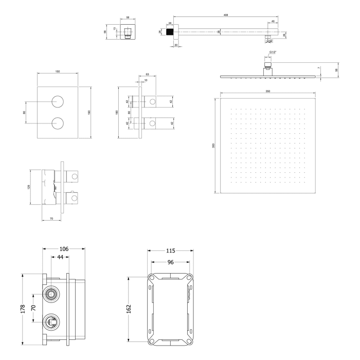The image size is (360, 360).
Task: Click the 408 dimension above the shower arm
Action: point(226,15)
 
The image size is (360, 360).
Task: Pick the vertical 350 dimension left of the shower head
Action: point(213,146)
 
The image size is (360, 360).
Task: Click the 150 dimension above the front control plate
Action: point(58,71)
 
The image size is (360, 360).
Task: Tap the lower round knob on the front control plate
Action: point(58,123)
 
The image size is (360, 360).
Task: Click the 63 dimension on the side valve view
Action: point(147,75)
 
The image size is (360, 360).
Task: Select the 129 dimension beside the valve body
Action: point(29,187)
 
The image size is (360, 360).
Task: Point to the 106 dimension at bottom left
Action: point(64,249)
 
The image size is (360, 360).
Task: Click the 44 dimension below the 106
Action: point(60,257)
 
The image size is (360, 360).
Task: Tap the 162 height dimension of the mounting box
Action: point(129,308)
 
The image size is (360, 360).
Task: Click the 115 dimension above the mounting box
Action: point(171,251)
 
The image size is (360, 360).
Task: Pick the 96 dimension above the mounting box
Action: point(171,261)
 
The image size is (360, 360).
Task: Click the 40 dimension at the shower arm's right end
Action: point(273,21)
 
